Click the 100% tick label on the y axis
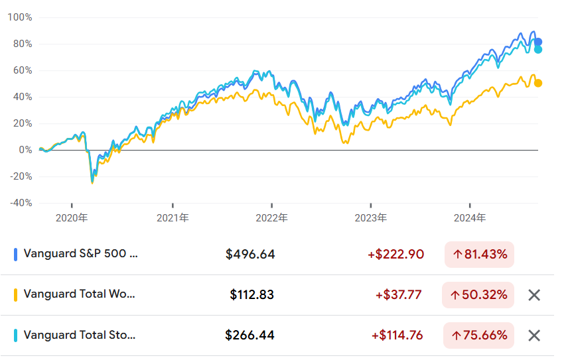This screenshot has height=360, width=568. coord(20,17)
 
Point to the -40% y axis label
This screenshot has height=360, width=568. coord(20,203)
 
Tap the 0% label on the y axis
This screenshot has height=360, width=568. coord(24,150)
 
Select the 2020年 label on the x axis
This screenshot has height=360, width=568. coord(72,217)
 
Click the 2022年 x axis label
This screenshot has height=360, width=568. coord(272,217)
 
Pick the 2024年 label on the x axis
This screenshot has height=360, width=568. coord(470,217)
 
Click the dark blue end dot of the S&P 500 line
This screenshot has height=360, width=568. coord(538,42)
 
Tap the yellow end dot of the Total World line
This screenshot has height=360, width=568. coord(538,83)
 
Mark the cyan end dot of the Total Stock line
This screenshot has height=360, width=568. coord(538,50)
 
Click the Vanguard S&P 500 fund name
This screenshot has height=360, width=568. coord(81,253)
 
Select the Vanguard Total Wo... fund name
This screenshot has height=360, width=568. coord(79,294)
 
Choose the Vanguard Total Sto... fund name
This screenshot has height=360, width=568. coord(79,335)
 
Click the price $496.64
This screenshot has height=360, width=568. coord(250,254)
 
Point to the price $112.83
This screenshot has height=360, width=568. coord(252,294)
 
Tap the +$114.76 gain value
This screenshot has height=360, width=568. coord(399,335)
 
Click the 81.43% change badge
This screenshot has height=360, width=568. coord(478,254)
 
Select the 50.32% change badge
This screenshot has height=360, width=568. coord(478,295)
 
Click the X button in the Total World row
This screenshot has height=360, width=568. coord(534,295)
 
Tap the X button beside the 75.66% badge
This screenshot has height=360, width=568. coord(534,335)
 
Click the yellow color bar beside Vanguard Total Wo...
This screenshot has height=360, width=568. coord(15,294)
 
